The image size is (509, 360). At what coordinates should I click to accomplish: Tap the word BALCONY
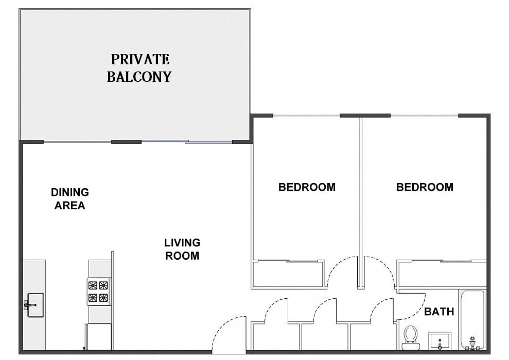(x=139, y=77)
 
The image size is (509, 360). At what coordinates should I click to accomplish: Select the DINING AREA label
(x=69, y=199)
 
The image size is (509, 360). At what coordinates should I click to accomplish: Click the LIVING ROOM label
(x=182, y=248)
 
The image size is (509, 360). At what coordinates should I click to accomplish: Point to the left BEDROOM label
(x=307, y=187)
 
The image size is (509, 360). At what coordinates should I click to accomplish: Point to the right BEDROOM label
(x=425, y=187)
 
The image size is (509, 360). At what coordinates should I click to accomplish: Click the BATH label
(x=439, y=312)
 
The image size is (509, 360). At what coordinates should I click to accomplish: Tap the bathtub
(x=471, y=319)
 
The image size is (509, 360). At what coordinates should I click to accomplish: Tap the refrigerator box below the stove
(x=99, y=337)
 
